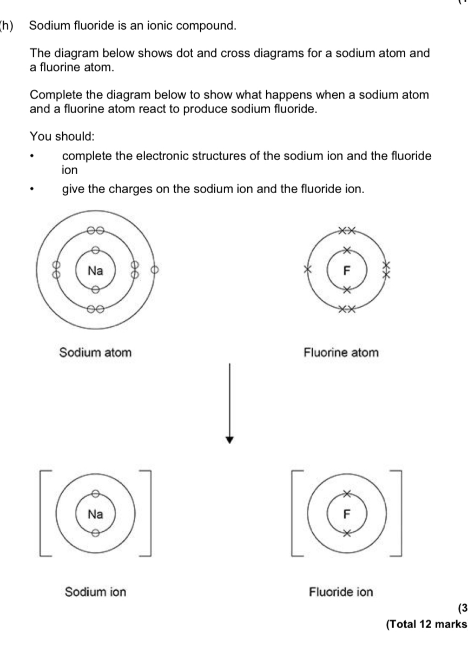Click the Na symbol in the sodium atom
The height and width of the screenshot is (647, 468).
pyautogui.click(x=95, y=270)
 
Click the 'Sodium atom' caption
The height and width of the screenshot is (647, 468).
pyautogui.click(x=95, y=353)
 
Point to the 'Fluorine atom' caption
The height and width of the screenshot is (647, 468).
pyautogui.click(x=341, y=353)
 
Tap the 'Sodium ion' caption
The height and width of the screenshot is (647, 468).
pyautogui.click(x=95, y=592)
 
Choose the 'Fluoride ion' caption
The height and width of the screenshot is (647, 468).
pyautogui.click(x=341, y=592)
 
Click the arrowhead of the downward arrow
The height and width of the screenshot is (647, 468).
pyautogui.click(x=230, y=439)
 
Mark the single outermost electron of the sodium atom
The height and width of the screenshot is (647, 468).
pyautogui.click(x=154, y=269)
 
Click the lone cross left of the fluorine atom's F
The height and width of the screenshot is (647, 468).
pyautogui.click(x=309, y=269)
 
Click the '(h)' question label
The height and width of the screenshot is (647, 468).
pyautogui.click(x=6, y=25)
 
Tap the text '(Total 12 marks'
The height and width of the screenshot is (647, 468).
pyautogui.click(x=426, y=624)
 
